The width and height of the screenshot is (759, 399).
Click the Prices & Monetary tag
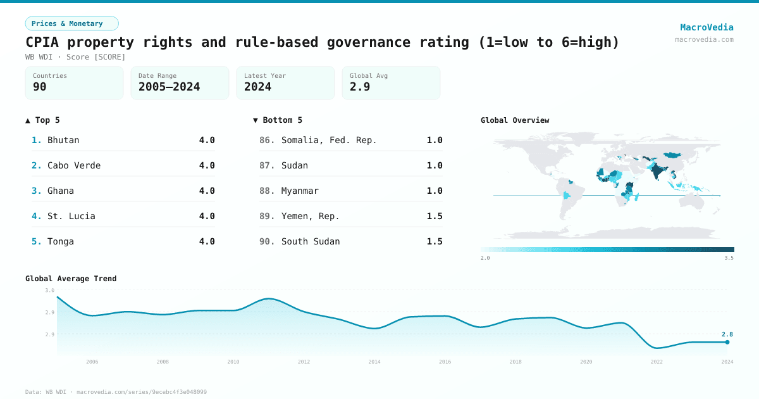[x=71, y=23]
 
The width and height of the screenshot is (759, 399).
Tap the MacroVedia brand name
[x=707, y=27]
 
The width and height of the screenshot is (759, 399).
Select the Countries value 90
[x=40, y=87]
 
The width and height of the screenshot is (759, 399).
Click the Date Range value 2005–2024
[x=169, y=87]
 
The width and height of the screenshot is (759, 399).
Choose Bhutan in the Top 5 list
[x=63, y=140]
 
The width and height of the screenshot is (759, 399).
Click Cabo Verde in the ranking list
[x=74, y=165]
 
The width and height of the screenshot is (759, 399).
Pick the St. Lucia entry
[x=71, y=216]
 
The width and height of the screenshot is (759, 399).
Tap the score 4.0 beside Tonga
[x=207, y=241]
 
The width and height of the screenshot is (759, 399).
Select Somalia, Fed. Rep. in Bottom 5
[x=329, y=140]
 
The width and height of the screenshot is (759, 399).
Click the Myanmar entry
[x=300, y=191]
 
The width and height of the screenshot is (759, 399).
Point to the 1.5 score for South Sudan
[x=435, y=241]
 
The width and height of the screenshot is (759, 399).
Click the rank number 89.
[x=267, y=216]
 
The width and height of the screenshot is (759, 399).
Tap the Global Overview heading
[x=515, y=120]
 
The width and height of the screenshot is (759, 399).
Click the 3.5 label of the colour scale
[x=729, y=258]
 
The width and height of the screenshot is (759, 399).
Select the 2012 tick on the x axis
[x=304, y=362]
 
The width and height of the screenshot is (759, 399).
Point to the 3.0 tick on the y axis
[x=50, y=290]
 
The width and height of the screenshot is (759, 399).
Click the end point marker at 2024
[x=727, y=342]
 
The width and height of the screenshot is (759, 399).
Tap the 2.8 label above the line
[x=727, y=334]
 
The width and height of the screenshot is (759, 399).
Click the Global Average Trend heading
[x=71, y=279]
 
